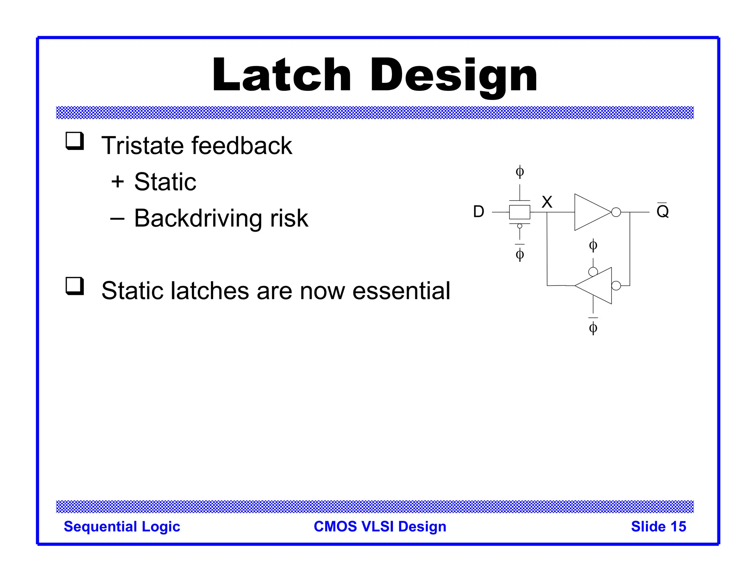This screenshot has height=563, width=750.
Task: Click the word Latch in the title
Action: click(x=281, y=75)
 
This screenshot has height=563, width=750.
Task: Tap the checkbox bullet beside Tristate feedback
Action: click(x=75, y=141)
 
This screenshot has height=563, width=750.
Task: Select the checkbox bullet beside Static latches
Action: click(x=75, y=286)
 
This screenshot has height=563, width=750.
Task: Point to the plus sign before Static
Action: click(x=118, y=182)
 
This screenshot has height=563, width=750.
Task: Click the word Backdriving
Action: click(x=198, y=218)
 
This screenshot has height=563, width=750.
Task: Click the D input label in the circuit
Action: click(x=478, y=212)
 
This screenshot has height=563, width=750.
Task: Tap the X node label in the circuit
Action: click(x=547, y=202)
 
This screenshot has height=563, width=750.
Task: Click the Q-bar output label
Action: click(x=662, y=211)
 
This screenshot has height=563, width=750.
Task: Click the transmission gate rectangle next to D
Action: click(x=520, y=212)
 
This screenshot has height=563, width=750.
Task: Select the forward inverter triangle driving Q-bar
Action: click(x=590, y=212)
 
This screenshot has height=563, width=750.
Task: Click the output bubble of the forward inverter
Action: click(x=616, y=212)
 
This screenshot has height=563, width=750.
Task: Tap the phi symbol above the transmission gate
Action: click(x=520, y=172)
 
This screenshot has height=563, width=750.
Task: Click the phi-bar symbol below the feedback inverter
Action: click(x=593, y=327)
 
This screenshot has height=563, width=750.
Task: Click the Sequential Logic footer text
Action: click(x=122, y=527)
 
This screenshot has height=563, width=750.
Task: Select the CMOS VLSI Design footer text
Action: click(x=380, y=527)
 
